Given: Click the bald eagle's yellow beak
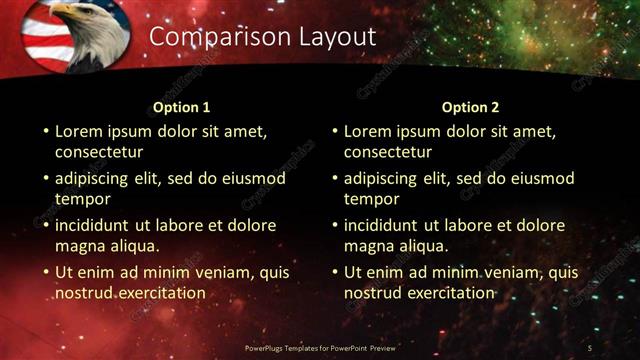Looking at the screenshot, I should [58, 13].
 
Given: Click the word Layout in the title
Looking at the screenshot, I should [337, 37].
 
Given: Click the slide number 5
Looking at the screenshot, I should [590, 347].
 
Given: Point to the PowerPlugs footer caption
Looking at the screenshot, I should [319, 347].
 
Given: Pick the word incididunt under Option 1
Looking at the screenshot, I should [97, 225].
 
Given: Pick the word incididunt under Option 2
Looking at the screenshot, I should [386, 225].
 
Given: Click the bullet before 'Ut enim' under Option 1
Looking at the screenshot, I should [45, 272].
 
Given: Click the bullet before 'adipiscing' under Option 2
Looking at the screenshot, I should [334, 179].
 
